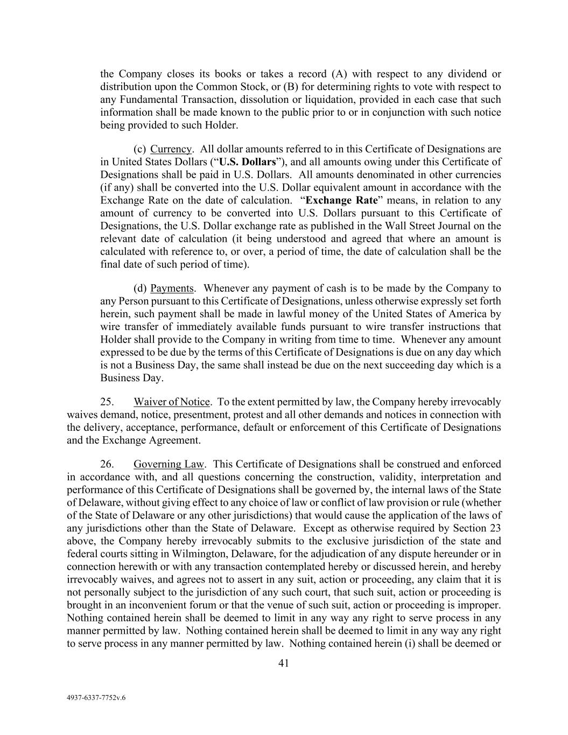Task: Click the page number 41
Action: coord(284,663)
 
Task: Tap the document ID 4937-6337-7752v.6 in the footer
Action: coord(96,697)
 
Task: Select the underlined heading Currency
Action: coord(171,149)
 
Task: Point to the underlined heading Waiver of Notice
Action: coord(172,402)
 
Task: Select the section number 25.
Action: coord(107,402)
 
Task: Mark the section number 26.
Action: coord(107,464)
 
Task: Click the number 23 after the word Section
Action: coord(495,528)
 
